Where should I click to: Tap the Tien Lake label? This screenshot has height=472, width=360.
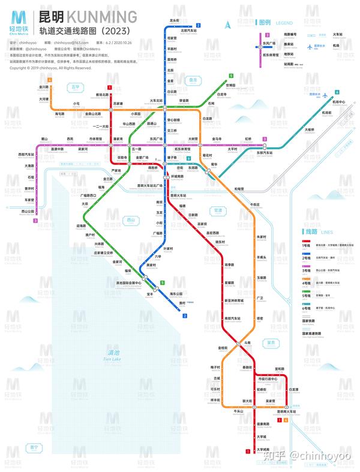[112, 355]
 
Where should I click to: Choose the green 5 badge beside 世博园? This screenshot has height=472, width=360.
[230, 76]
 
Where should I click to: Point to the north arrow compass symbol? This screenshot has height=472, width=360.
[229, 25]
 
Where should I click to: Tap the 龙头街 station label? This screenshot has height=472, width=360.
[174, 20]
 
